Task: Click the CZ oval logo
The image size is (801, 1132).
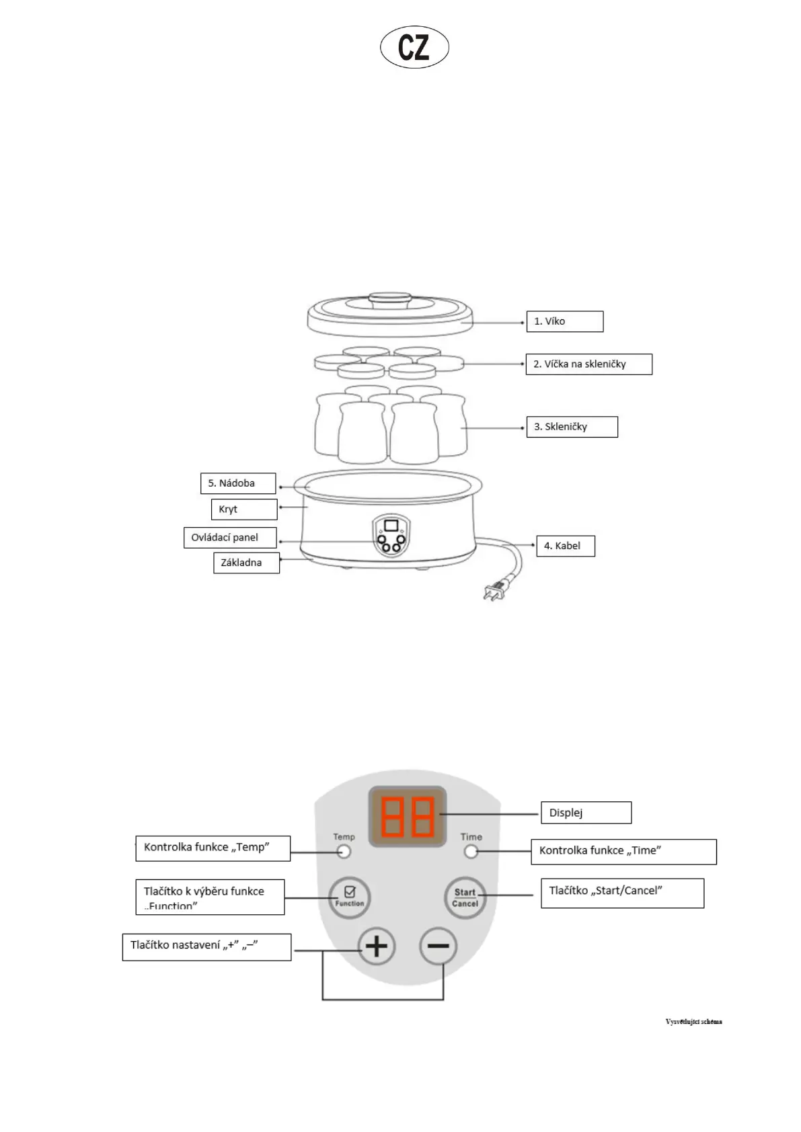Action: [414, 48]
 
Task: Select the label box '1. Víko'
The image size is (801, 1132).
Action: [564, 321]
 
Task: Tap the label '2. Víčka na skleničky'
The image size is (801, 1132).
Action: [588, 364]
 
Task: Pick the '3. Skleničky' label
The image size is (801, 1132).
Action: [572, 427]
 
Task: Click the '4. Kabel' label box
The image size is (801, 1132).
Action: [565, 546]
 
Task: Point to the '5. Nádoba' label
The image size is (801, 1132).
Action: [237, 483]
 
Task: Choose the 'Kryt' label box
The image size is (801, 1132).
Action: [243, 510]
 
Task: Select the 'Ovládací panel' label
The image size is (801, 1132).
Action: [230, 538]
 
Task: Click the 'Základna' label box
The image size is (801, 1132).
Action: [246, 563]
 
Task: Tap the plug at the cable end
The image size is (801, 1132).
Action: [494, 592]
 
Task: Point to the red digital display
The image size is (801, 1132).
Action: [408, 816]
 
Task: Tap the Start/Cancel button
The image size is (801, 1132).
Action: [465, 897]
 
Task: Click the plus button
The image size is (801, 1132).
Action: [376, 946]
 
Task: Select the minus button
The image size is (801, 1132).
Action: [438, 946]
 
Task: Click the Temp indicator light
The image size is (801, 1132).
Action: [344, 852]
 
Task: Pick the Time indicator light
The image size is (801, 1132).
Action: [471, 852]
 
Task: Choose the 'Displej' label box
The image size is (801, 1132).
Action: [586, 813]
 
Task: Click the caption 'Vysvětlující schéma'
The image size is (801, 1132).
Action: [693, 1022]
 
